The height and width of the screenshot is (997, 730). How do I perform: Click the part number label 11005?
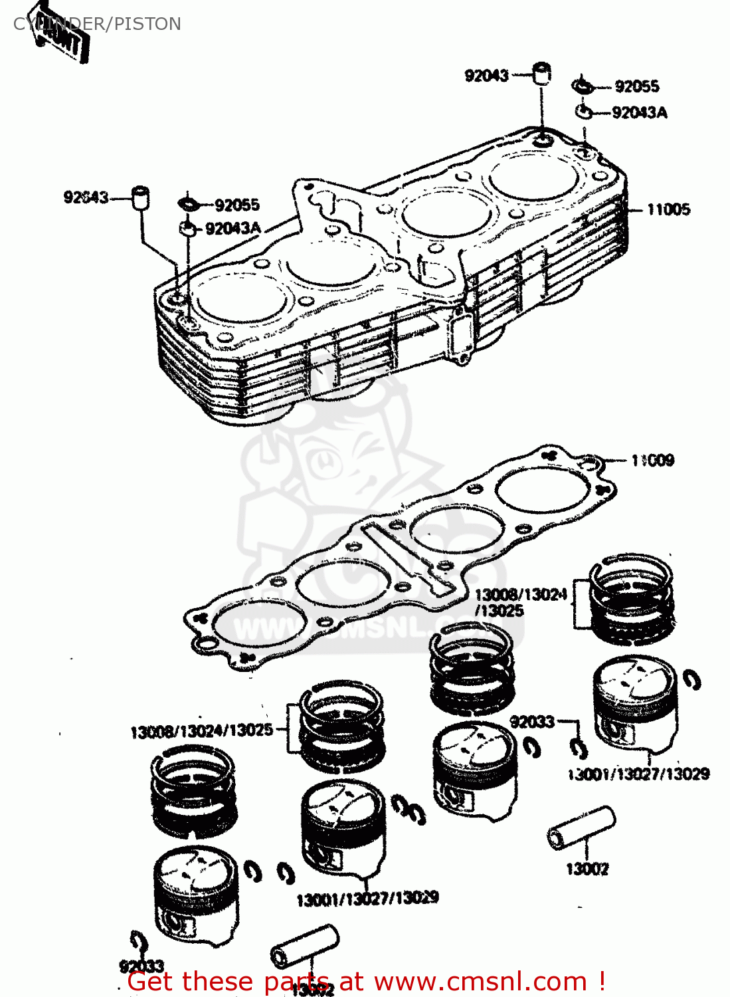tap(668, 209)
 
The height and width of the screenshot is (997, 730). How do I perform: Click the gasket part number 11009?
tap(652, 460)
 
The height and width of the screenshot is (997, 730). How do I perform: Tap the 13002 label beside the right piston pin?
tap(587, 869)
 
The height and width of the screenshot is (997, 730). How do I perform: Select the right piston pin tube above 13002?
tap(582, 827)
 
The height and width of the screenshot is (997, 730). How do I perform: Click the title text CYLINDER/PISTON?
tap(98, 24)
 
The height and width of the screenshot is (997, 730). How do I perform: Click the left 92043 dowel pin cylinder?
tap(140, 198)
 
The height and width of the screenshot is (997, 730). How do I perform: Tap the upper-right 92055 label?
tap(636, 86)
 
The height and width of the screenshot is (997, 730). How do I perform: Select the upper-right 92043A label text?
tap(639, 112)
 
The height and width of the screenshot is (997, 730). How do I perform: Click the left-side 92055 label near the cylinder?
tap(236, 205)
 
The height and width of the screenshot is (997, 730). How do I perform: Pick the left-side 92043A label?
tap(232, 229)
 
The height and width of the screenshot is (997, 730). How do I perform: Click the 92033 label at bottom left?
tap(141, 966)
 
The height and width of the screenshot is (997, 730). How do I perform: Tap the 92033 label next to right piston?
tap(532, 721)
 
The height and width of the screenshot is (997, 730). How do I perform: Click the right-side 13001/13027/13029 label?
tap(638, 774)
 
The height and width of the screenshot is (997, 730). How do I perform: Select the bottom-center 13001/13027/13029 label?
tap(367, 899)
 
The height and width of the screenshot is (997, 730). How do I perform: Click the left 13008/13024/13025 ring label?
tap(201, 731)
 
